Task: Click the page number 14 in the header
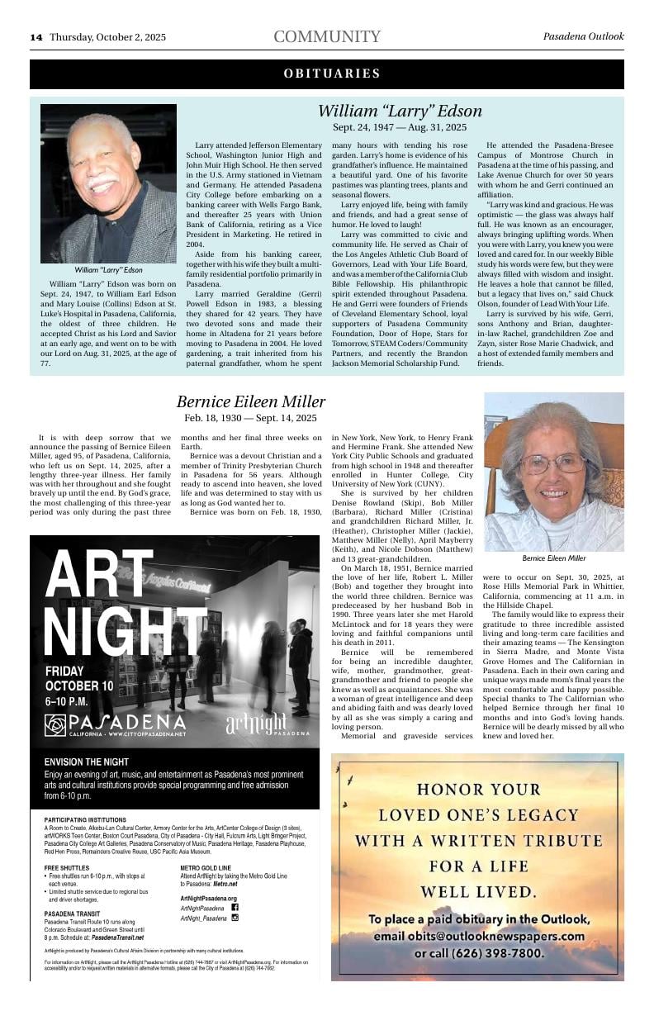click(x=36, y=37)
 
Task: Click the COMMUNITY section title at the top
click(x=327, y=37)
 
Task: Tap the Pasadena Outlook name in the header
click(x=583, y=36)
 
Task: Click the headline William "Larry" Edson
click(x=400, y=111)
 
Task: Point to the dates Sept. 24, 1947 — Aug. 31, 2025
click(x=400, y=127)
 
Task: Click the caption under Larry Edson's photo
click(x=108, y=270)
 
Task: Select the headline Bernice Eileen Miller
click(x=251, y=402)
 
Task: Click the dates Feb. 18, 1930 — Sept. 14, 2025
click(x=251, y=419)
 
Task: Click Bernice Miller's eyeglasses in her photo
click(x=551, y=463)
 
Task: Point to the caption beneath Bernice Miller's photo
click(x=554, y=558)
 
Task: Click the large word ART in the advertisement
click(x=99, y=576)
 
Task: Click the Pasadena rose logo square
click(x=56, y=725)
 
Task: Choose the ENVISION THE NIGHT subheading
click(x=83, y=762)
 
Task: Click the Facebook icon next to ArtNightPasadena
click(x=235, y=907)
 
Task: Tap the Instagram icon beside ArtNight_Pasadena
click(x=235, y=918)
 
